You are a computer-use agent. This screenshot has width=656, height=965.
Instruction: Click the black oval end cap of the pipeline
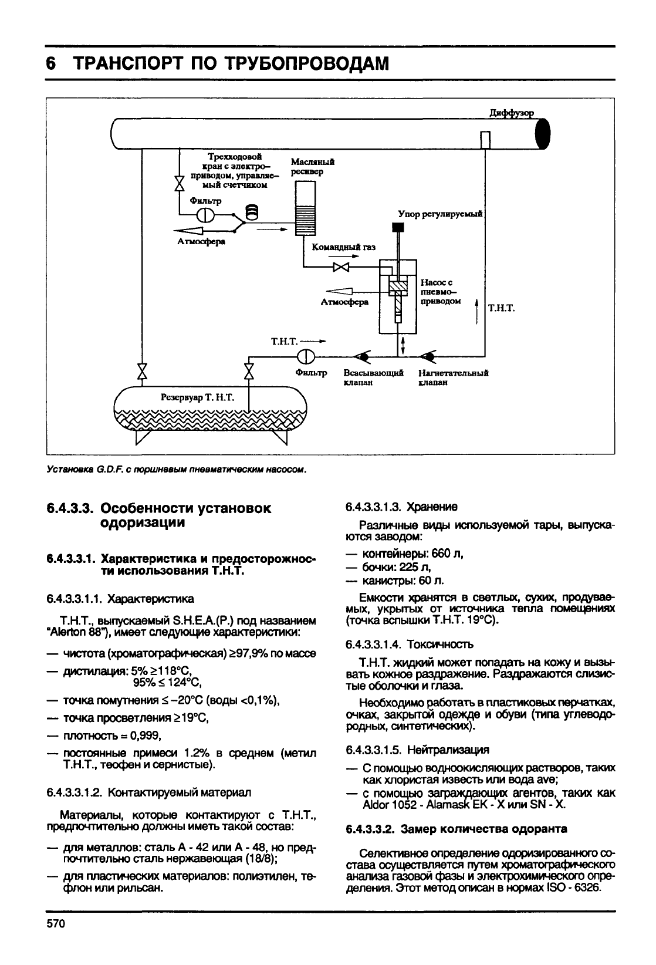point(543,134)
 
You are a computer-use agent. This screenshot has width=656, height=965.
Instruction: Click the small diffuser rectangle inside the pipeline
point(485,140)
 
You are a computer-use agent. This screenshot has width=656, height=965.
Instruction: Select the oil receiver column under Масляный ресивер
point(305,208)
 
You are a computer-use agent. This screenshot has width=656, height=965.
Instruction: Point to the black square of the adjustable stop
point(398,227)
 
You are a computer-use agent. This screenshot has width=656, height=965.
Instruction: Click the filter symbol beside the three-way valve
point(205,215)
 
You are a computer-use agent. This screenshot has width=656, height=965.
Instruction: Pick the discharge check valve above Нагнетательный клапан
point(430,356)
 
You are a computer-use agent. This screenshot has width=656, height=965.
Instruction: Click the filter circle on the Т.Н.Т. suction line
point(306,356)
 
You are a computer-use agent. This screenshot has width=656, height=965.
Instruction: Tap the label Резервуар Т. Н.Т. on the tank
point(197,398)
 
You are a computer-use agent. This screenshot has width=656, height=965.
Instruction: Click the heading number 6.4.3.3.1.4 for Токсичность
point(371,645)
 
